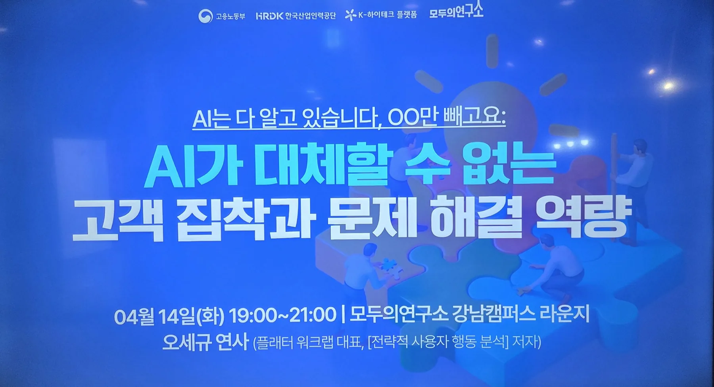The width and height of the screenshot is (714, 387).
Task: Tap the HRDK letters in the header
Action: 270,16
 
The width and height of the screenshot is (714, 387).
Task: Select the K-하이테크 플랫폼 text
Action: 388,15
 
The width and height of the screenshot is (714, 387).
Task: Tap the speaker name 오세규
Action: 186,341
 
